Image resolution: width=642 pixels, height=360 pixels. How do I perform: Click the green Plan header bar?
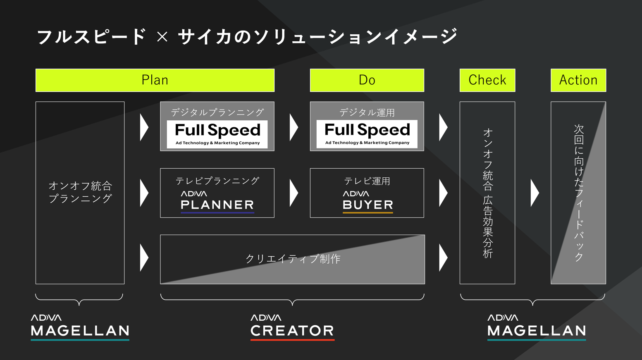(155, 80)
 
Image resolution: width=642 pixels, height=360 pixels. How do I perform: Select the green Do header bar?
(367, 80)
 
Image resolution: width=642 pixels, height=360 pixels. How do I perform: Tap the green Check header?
(487, 80)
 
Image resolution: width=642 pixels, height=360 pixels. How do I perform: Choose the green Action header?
(578, 80)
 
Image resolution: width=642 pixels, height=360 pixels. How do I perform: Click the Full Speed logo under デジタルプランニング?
(217, 134)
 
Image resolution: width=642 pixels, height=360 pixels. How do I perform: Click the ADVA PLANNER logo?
(217, 202)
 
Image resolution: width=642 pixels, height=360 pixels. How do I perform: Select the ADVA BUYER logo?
(368, 202)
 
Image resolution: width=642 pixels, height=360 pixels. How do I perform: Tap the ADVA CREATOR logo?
(292, 327)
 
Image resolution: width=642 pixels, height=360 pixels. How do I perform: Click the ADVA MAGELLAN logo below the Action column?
(536, 327)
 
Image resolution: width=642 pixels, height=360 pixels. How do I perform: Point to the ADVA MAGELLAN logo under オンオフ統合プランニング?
(80, 327)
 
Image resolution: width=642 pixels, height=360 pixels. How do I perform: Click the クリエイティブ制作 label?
(293, 259)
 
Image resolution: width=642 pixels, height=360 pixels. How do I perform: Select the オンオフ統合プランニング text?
(80, 192)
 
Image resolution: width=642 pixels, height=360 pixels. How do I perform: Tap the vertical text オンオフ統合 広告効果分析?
(487, 193)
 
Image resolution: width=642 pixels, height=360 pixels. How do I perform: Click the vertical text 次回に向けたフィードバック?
(578, 193)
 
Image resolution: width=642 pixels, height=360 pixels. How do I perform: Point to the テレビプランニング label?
(217, 181)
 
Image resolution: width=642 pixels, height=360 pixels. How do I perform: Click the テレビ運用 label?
(367, 181)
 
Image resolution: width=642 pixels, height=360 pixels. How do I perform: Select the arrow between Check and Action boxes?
(535, 193)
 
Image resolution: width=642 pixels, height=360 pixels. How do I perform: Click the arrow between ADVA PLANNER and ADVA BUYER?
(294, 193)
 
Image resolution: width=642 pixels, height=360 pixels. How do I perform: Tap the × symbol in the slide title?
(162, 37)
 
